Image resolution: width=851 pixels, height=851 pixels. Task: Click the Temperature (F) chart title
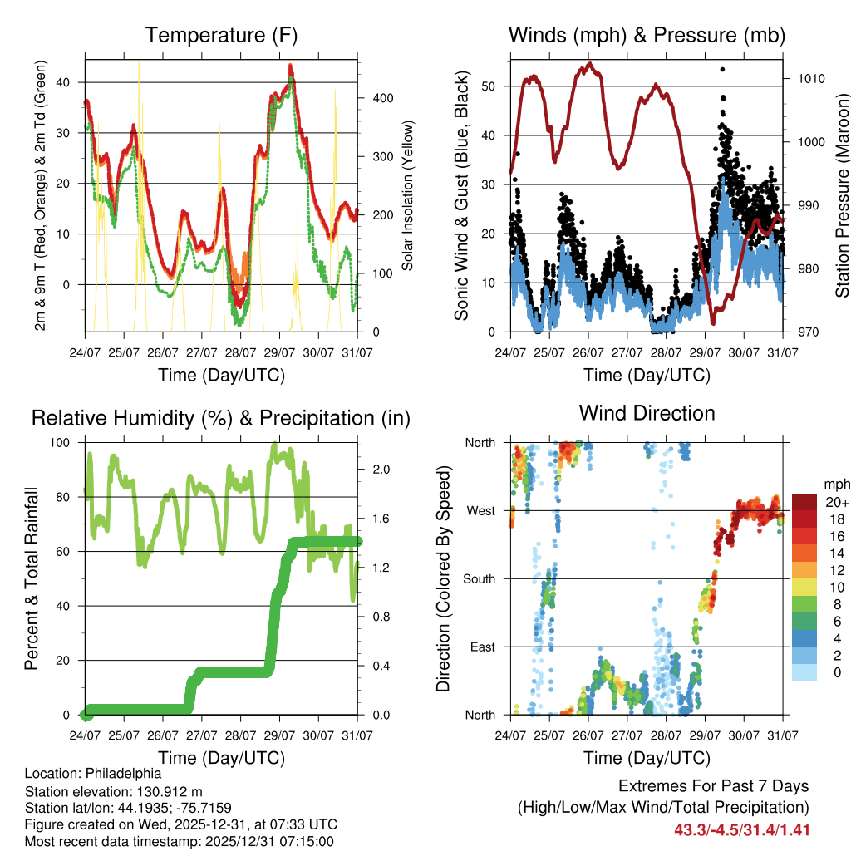pyautogui.click(x=221, y=36)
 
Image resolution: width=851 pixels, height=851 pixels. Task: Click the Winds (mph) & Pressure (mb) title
pyautogui.click(x=647, y=36)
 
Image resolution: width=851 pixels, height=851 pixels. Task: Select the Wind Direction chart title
pyautogui.click(x=647, y=413)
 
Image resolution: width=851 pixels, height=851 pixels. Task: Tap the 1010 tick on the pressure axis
pyautogui.click(x=811, y=79)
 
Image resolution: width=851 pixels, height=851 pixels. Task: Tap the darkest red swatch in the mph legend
pyautogui.click(x=803, y=503)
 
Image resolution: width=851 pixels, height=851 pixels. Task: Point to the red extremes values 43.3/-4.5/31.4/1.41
pyautogui.click(x=741, y=829)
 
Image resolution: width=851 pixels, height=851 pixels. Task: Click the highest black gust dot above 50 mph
pyautogui.click(x=723, y=69)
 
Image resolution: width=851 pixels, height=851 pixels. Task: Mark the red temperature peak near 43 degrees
pyautogui.click(x=290, y=66)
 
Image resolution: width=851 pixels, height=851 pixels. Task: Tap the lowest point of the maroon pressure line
pyautogui.click(x=713, y=322)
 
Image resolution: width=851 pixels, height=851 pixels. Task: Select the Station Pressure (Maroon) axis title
pyautogui.click(x=841, y=196)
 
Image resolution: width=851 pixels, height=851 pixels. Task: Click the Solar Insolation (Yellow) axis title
pyautogui.click(x=408, y=196)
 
